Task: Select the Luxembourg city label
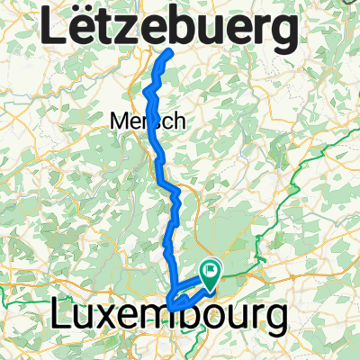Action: pos(169,318)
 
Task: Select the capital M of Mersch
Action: pos(118,120)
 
